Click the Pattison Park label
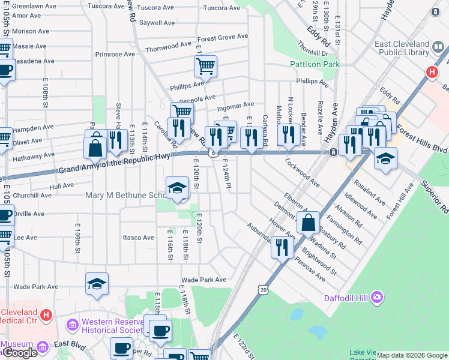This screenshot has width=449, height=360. pos(315,64)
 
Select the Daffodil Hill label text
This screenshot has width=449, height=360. pos(340,297)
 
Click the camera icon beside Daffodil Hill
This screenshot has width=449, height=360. pos(376,296)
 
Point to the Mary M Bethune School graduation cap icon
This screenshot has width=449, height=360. pos(177,188)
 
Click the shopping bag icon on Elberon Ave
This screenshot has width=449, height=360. pos(308,223)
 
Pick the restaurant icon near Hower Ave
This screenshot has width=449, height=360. pos(282,246)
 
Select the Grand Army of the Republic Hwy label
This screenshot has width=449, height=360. pos(114,165)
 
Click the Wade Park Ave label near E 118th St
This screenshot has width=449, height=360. pos(203,280)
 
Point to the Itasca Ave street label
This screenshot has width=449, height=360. pos(139,238)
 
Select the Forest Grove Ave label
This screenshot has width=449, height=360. pos(223,37)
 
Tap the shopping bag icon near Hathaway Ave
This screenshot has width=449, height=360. pos(95,146)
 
